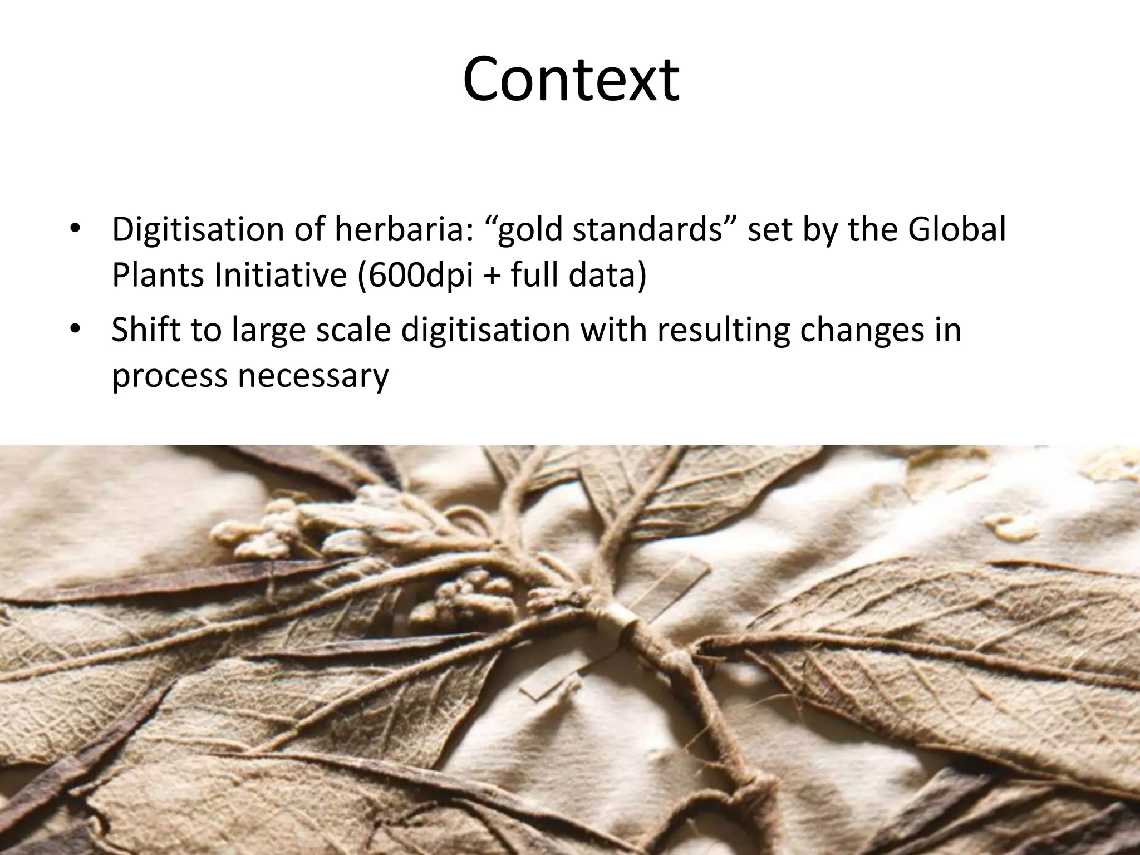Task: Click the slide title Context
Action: pos(571,79)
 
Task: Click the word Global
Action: pos(956,230)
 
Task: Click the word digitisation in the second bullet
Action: pos(485,330)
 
